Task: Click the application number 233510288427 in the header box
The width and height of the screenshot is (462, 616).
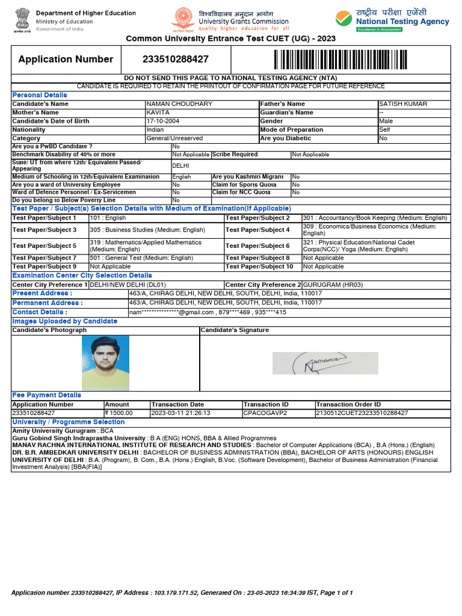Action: [176, 59]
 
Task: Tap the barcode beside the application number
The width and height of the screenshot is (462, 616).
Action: [340, 60]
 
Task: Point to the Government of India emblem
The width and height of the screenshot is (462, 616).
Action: [20, 20]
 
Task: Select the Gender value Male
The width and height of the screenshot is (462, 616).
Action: [386, 121]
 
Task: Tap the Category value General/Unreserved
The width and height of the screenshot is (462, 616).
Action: [175, 138]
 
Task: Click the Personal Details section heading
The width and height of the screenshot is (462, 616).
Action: [40, 95]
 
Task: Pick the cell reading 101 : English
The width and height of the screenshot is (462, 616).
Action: [108, 218]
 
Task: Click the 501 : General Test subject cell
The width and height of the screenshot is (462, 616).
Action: [141, 257]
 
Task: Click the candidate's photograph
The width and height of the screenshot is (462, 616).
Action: [105, 363]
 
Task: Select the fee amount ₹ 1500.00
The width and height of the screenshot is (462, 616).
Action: [119, 413]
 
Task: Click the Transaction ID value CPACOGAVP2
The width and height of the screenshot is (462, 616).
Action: [265, 413]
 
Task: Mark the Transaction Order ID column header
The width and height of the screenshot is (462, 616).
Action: [348, 404]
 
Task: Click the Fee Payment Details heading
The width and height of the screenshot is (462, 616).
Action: [47, 395]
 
